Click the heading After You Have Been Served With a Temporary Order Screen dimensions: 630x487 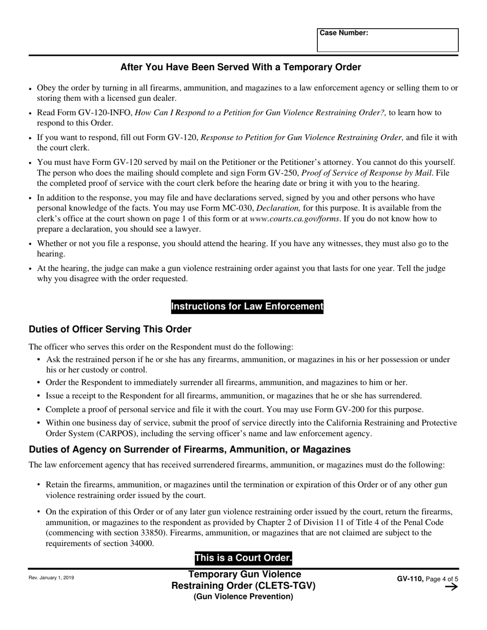[240, 68]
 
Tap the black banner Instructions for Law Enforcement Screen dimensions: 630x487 [247, 307]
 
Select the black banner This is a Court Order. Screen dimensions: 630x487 [243, 558]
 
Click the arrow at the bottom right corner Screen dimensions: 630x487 [451, 587]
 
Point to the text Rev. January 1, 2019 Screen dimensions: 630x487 [51, 578]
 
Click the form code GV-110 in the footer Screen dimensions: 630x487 [409, 579]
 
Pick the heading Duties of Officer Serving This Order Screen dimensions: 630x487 [110, 329]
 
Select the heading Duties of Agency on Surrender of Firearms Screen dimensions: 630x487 [190, 450]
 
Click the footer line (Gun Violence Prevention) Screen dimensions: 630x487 [243, 596]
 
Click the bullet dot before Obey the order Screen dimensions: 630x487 [31, 89]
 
